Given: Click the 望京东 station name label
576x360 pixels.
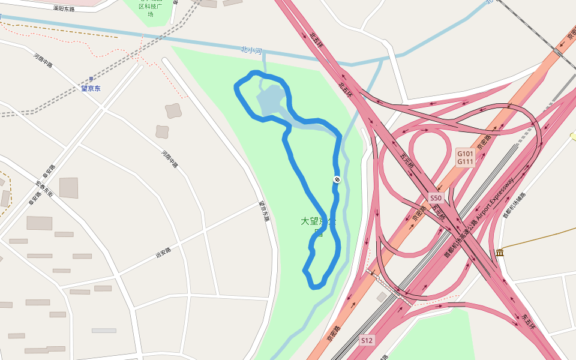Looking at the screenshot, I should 91,89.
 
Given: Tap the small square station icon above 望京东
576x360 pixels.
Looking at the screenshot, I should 91,79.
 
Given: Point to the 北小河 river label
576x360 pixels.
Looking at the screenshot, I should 251,50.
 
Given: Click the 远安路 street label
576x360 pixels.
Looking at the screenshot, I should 163,253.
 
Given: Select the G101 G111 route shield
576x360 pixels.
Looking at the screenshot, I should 466,158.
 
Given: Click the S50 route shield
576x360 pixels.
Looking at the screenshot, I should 436,198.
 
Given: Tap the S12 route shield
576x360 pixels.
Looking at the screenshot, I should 367,341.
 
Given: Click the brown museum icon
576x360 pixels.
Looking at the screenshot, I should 500,253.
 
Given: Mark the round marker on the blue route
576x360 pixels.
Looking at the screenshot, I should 337,179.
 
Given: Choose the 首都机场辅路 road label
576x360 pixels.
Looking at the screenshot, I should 514,205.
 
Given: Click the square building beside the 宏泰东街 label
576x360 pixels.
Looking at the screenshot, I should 68,188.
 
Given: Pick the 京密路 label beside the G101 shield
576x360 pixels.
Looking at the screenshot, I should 484,142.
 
